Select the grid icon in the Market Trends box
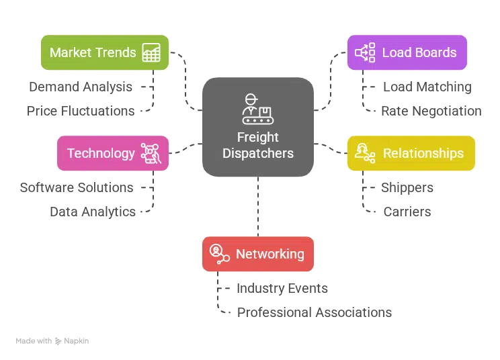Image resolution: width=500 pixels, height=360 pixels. (151, 53)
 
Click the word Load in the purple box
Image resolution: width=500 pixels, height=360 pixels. (396, 52)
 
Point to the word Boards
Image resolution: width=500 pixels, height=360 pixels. (434, 52)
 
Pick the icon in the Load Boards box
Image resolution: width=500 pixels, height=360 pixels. (364, 52)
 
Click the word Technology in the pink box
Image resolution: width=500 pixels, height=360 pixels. (101, 153)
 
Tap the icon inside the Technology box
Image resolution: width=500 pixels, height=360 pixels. (150, 153)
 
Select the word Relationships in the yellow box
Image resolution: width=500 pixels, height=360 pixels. (423, 153)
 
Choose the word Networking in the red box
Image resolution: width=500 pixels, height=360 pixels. (269, 254)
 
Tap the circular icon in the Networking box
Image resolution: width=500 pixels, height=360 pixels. (218, 253)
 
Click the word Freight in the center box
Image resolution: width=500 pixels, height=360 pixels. (257, 138)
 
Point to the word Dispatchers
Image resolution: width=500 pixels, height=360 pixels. (257, 153)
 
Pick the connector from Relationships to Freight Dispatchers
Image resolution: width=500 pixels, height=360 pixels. (330, 146)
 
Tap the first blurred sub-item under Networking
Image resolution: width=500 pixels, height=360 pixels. (282, 289)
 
